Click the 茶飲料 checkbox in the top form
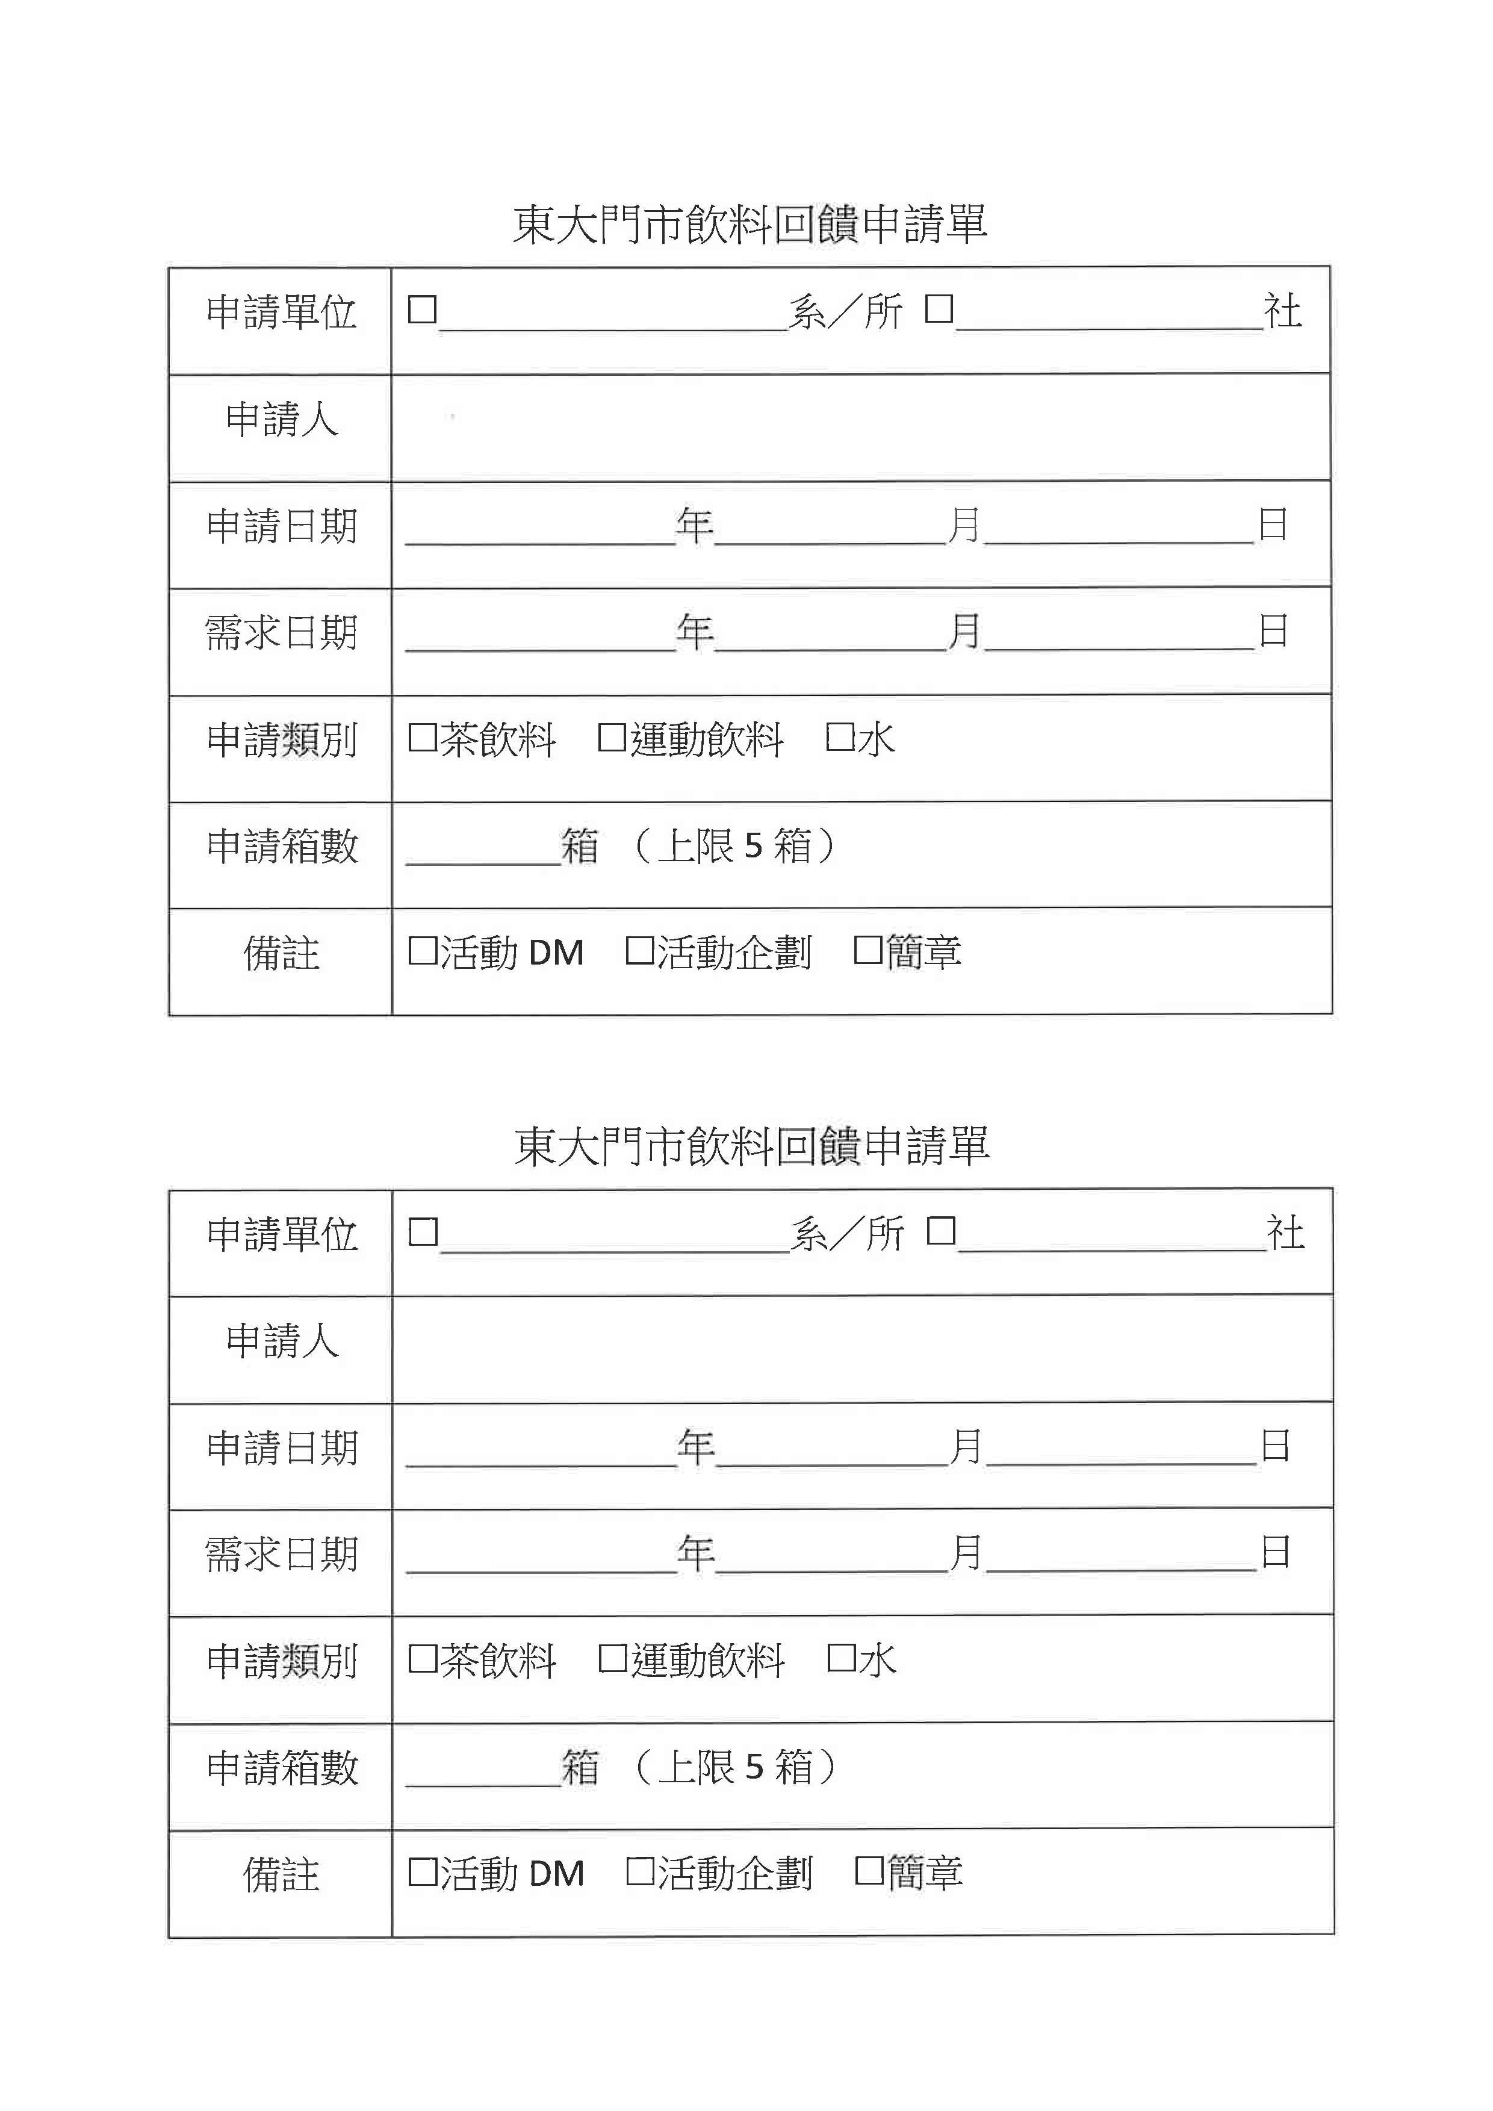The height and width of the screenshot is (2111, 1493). point(422,738)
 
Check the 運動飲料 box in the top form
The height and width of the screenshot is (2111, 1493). point(612,738)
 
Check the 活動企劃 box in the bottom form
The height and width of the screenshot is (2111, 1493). point(640,1871)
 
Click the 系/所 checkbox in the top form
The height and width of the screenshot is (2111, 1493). point(422,309)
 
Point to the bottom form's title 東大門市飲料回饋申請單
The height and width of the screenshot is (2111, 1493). point(751,1146)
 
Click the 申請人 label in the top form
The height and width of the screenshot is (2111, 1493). point(281,419)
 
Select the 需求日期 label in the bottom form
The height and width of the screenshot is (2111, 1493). point(281,1555)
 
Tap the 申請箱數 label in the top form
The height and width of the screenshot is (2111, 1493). point(281,846)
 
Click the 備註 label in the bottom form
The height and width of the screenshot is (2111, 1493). point(281,1874)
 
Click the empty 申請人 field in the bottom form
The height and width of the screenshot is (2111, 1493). point(861,1348)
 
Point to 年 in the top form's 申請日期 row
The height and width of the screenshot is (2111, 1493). point(694,525)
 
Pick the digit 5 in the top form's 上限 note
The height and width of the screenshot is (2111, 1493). point(753,846)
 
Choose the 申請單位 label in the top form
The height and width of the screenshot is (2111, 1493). point(281,312)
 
